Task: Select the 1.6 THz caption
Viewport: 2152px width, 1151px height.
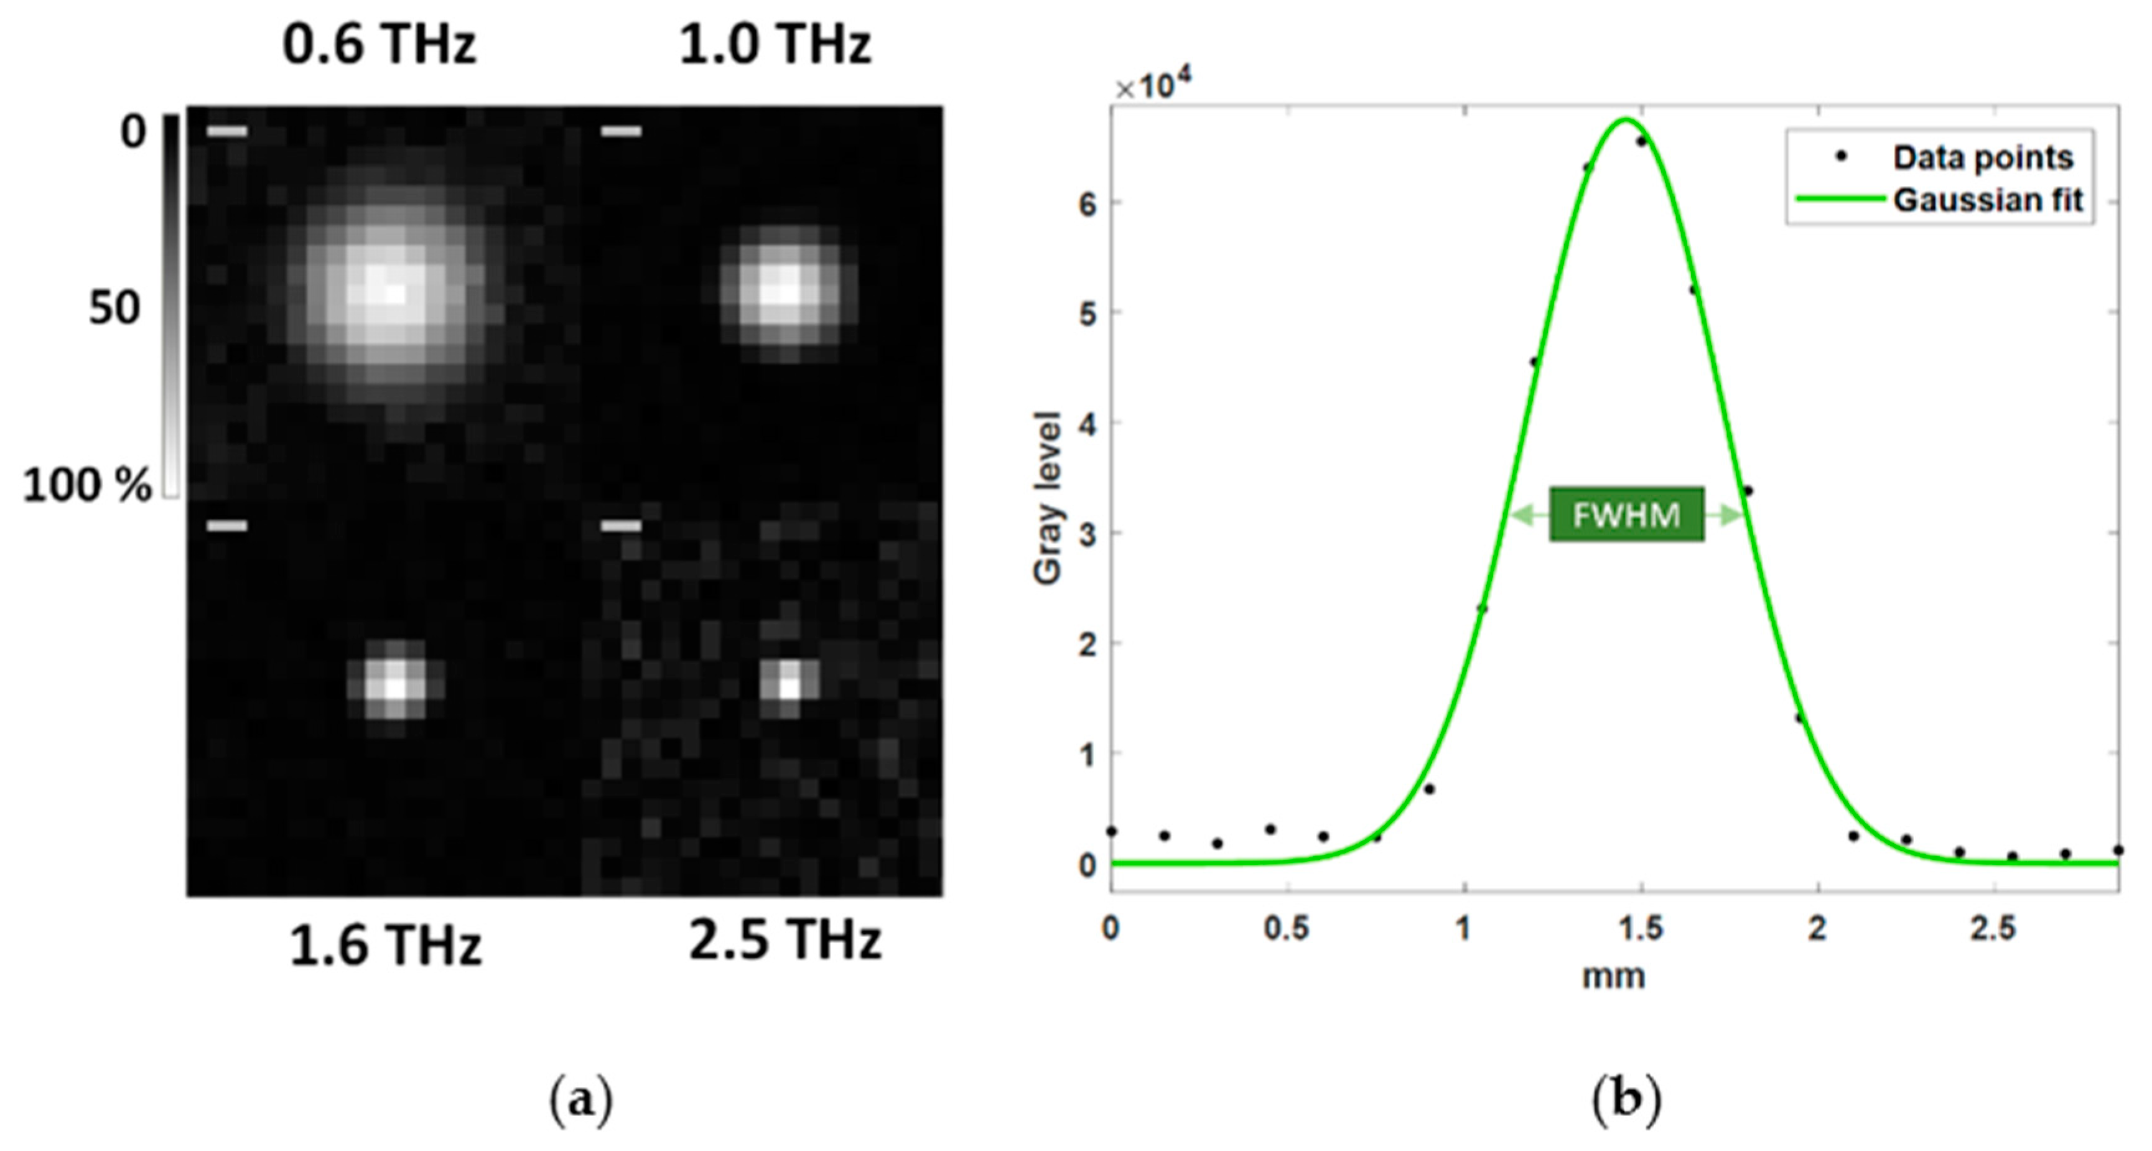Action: coord(385,946)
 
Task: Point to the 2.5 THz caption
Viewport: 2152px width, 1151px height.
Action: coord(785,939)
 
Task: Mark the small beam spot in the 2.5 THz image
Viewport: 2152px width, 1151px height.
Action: coord(790,685)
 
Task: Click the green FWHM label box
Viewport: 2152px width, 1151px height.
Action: coord(1626,515)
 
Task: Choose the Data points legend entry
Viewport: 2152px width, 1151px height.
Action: coord(1982,157)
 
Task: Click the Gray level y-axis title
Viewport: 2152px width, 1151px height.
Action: coord(1047,498)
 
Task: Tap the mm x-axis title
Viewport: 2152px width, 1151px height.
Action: coord(1613,976)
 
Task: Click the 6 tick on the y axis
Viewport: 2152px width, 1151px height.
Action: coord(1087,203)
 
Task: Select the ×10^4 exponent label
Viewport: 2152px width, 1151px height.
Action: coord(1153,85)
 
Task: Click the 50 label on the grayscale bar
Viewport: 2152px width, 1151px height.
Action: coord(114,307)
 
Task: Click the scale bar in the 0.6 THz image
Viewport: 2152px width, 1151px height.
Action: coord(226,131)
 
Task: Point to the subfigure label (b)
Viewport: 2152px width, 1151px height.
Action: coord(1626,1101)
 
